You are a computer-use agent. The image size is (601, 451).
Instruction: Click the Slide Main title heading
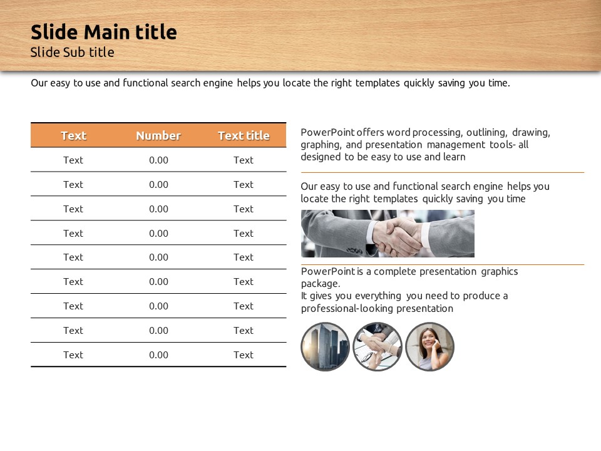[103, 32]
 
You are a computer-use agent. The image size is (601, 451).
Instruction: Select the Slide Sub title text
[72, 52]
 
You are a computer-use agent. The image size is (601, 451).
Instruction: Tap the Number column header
[158, 135]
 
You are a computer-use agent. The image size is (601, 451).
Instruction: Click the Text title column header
[244, 135]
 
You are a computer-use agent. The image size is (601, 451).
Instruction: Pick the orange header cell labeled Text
[74, 135]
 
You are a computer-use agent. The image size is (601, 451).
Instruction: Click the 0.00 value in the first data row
[158, 160]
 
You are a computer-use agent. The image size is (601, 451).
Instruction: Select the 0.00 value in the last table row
[158, 355]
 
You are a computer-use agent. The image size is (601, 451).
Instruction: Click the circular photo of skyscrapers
[325, 346]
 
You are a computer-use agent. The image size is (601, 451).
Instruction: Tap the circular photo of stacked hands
[378, 346]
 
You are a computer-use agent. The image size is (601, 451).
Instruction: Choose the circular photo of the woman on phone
[429, 346]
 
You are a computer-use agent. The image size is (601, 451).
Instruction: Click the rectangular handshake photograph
[388, 234]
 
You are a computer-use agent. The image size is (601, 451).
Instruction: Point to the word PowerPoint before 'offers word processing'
[327, 132]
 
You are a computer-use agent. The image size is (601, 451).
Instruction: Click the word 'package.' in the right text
[321, 284]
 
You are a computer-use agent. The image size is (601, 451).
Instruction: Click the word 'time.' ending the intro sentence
[499, 83]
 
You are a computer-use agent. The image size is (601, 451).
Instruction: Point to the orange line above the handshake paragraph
[443, 173]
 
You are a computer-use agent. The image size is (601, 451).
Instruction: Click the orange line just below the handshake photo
[443, 264]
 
